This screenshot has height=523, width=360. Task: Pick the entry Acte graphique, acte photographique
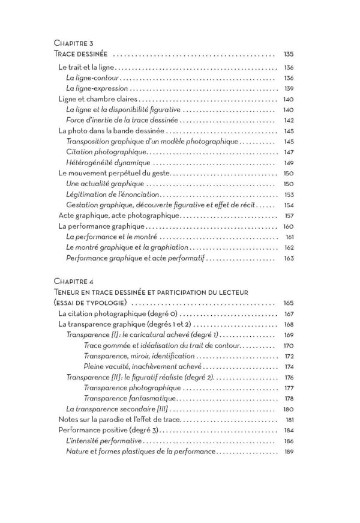(x=119, y=214)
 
